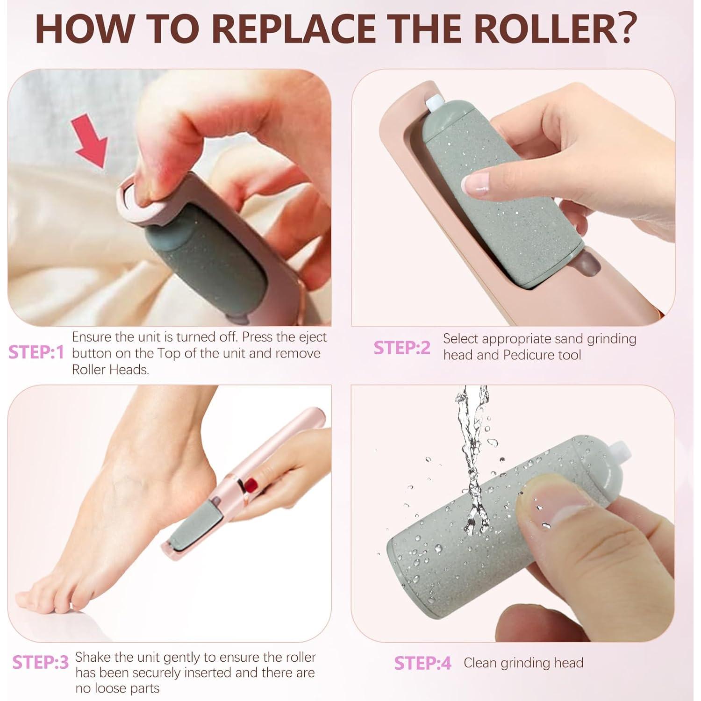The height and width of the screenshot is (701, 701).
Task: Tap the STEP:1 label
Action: click(36, 353)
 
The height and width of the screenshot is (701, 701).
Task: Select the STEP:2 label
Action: click(402, 348)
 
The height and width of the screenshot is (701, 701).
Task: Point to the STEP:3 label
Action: click(40, 662)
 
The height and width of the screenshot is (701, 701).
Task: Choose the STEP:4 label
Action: click(422, 663)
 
